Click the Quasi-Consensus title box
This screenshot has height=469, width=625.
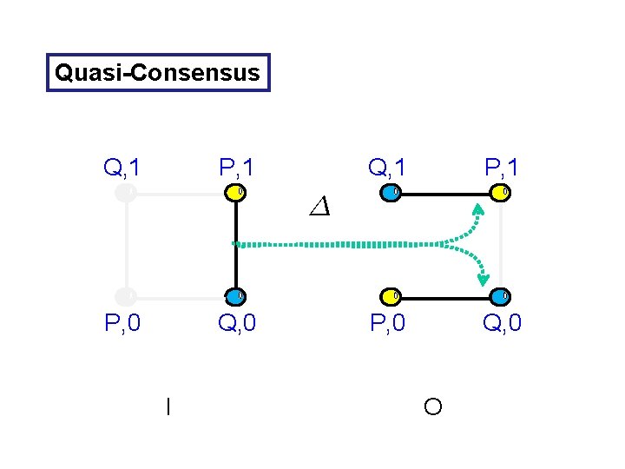(x=157, y=73)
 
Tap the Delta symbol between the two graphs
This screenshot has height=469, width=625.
(x=319, y=207)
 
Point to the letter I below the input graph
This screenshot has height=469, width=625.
(x=168, y=406)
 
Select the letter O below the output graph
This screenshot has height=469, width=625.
(x=433, y=406)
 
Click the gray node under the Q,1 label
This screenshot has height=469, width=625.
(x=127, y=193)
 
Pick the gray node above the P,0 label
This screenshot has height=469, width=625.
(x=127, y=296)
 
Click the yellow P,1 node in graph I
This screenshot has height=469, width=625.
(x=235, y=193)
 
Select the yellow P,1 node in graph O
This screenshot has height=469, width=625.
(x=500, y=193)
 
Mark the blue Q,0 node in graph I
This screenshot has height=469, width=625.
(x=235, y=296)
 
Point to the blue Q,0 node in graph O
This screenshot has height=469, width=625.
(x=500, y=296)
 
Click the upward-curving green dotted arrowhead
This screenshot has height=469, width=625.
(x=478, y=208)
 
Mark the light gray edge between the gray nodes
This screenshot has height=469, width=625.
(x=127, y=245)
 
